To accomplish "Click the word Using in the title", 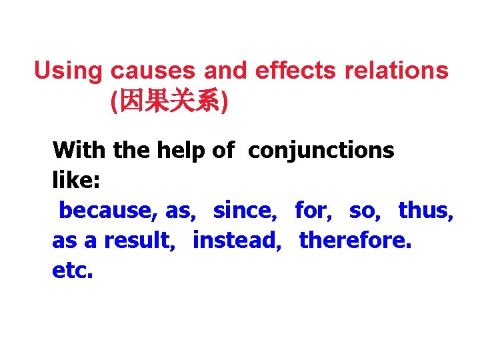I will coord(69,71).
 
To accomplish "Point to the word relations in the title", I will coord(397,71).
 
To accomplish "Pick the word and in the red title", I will coord(225,71).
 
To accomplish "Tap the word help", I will coord(182,151).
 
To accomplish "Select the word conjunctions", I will coord(321,151).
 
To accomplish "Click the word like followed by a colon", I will coord(71,180).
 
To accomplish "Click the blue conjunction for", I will coord(313,210).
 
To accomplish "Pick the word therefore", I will coord(355,241).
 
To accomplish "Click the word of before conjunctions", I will coord(223,150).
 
